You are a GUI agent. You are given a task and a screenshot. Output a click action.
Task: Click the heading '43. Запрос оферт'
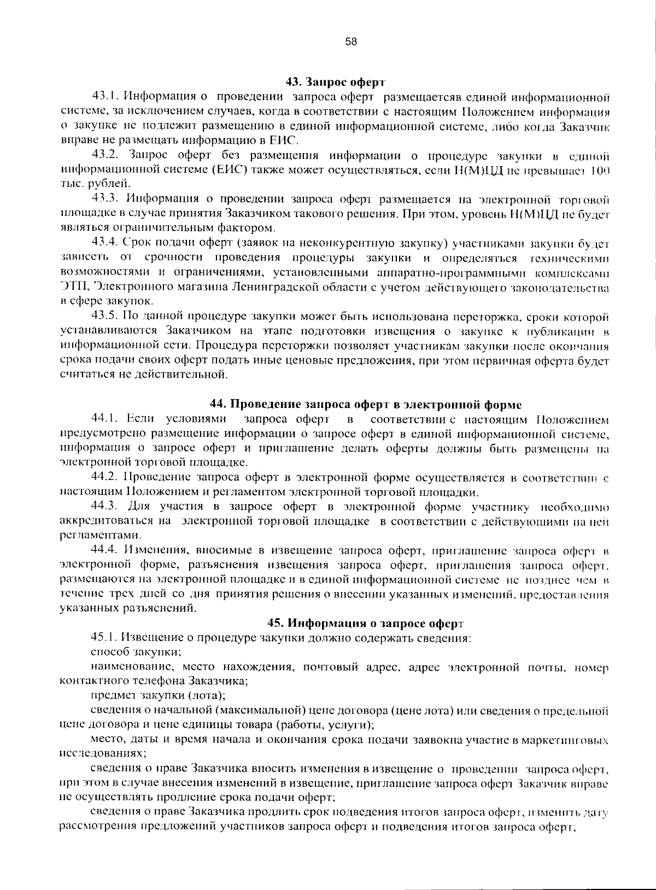point(336,83)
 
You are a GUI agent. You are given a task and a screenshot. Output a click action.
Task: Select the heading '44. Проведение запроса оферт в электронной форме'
point(366,405)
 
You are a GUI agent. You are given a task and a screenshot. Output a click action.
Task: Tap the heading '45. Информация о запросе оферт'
point(365,623)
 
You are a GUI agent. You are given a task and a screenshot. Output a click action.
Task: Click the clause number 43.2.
point(106,156)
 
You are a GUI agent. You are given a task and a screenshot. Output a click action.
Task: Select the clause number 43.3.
point(106,198)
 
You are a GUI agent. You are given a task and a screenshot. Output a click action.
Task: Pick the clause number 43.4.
point(106,242)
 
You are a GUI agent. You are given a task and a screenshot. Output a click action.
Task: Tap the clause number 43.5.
point(106,316)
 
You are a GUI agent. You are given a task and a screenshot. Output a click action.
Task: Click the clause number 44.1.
point(105,419)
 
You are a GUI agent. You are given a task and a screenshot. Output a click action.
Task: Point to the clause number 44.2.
point(106,477)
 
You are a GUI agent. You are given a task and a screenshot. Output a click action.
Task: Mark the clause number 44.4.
point(106,549)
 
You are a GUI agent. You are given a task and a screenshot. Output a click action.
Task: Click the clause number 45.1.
point(105,637)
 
